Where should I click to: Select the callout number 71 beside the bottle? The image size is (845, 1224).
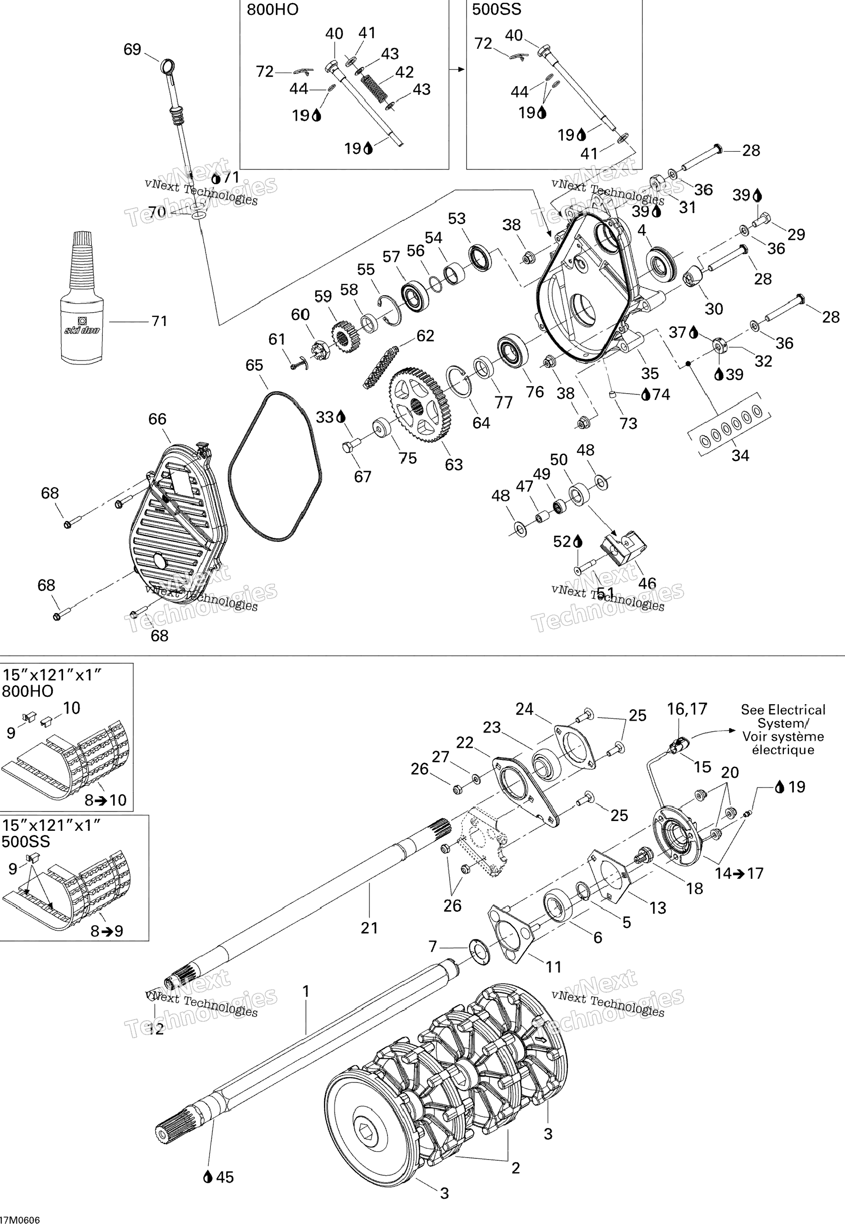tap(159, 321)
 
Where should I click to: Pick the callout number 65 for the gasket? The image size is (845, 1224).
tap(255, 365)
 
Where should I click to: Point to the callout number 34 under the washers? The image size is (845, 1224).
tap(740, 455)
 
